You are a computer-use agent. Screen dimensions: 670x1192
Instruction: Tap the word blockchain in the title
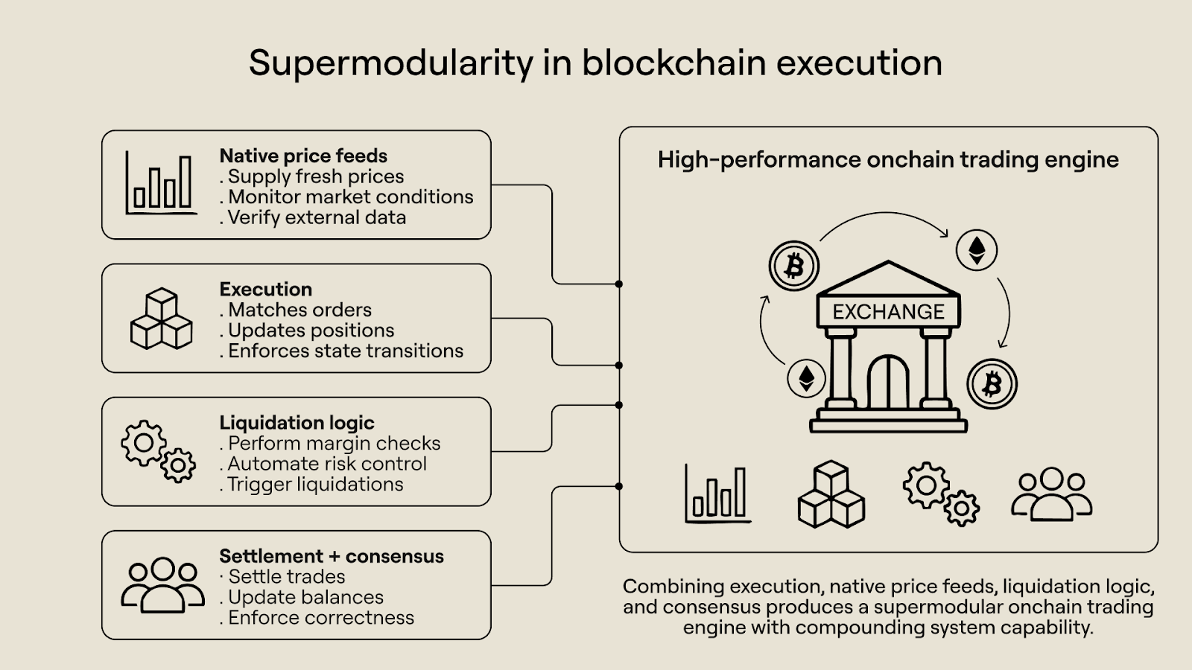click(674, 63)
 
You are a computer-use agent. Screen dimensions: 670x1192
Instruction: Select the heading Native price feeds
click(303, 156)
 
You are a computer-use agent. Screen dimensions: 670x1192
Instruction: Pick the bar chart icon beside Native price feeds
click(160, 183)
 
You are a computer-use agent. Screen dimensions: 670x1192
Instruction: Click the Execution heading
click(265, 289)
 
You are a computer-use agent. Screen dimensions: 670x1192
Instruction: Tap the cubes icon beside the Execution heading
click(161, 319)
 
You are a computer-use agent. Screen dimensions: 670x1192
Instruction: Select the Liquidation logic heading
click(297, 422)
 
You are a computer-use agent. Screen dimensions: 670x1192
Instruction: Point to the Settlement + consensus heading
click(332, 556)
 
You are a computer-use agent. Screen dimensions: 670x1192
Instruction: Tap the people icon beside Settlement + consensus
click(162, 585)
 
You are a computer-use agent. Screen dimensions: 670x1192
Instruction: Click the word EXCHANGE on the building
click(888, 311)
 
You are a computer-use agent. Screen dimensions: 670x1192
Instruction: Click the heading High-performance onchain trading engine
click(888, 159)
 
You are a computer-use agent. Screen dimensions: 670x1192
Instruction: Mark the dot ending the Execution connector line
click(619, 366)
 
